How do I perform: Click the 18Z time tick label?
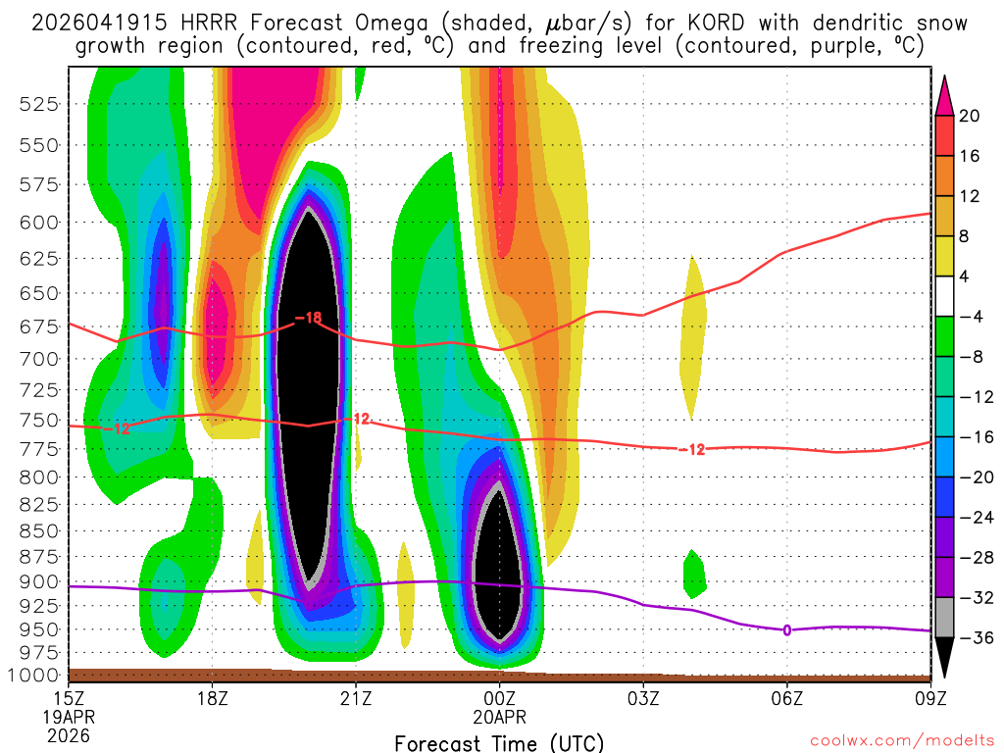(213, 701)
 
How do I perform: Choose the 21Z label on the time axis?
(356, 701)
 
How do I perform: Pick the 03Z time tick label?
(643, 701)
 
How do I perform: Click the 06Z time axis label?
(786, 701)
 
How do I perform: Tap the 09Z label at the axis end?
(929, 701)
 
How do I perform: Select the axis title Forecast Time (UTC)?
(499, 742)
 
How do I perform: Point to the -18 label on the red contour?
(309, 318)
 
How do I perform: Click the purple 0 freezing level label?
(786, 629)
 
